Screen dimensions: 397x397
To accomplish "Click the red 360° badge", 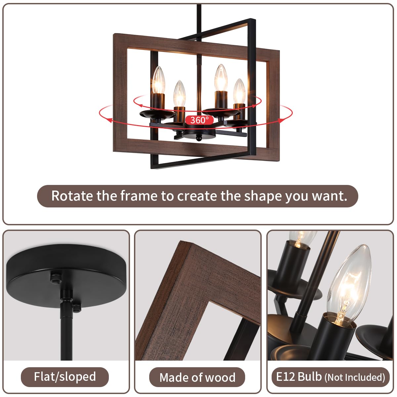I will coord(199,120).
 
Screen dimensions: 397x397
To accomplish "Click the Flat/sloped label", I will coord(65,376).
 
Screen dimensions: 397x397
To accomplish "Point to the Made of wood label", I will coord(197,377).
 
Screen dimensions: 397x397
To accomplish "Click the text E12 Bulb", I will coord(299,376).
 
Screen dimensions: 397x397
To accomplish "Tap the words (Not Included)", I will coord(355,377).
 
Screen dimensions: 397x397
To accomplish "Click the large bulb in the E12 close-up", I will coord(349,285).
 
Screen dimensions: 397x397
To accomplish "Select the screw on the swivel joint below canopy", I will coord(77,307).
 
